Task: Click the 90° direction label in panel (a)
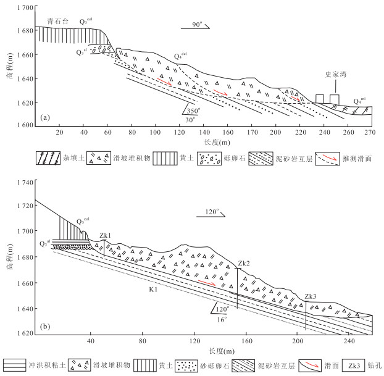[196, 25]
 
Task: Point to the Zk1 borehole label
[104, 235]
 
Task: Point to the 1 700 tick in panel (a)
[25, 7]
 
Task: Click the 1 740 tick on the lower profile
[25, 183]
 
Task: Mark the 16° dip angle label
[221, 319]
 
